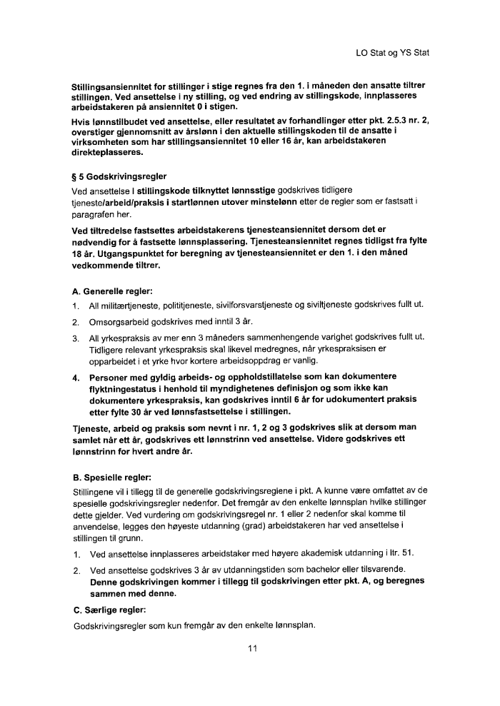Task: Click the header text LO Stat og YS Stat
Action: click(392, 53)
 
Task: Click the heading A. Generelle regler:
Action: click(113, 291)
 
